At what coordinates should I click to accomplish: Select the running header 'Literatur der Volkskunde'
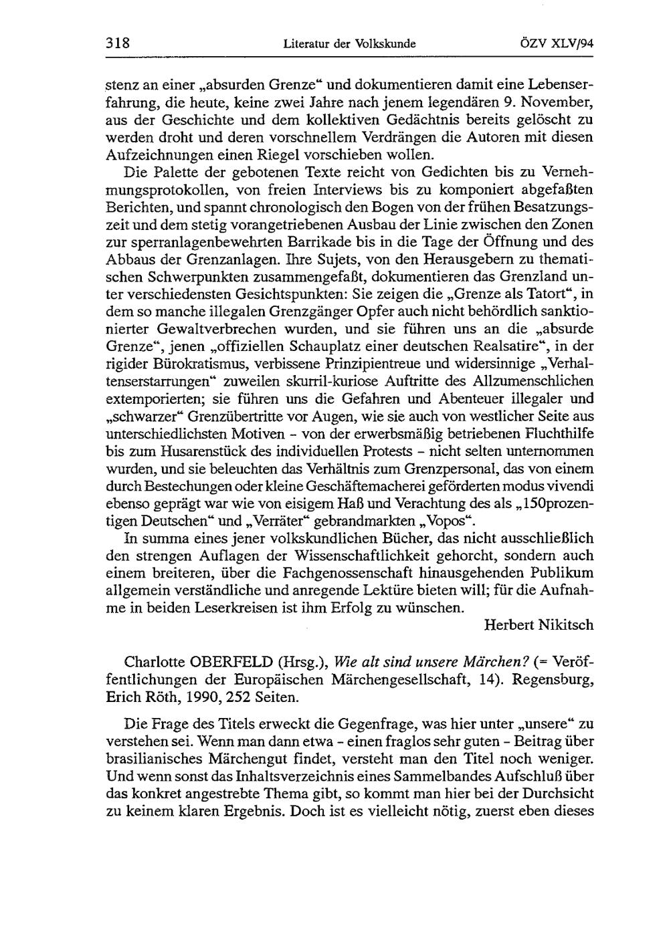349,45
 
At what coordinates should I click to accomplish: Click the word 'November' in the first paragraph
561,103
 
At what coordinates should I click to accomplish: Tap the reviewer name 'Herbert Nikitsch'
539,626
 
